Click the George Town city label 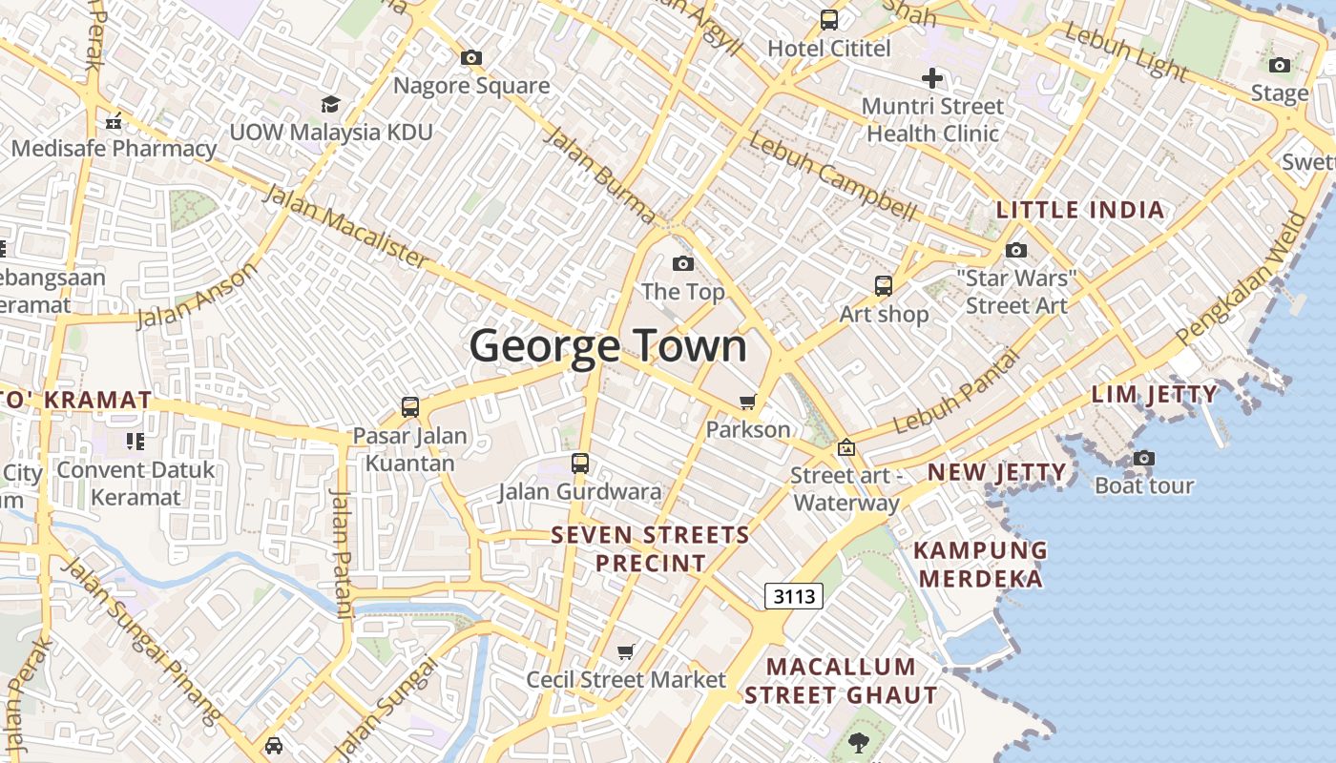click(608, 345)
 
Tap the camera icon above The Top click(683, 263)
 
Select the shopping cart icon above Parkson click(748, 402)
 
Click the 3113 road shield click(794, 597)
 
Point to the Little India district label click(1080, 210)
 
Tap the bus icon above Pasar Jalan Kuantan click(410, 407)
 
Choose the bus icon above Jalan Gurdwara click(580, 464)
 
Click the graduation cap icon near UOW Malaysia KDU click(330, 104)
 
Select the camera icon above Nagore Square click(471, 58)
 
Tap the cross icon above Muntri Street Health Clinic click(932, 78)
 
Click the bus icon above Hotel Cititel click(829, 19)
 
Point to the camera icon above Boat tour click(1144, 459)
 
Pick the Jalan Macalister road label click(345, 226)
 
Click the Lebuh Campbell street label click(832, 175)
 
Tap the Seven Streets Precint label click(651, 548)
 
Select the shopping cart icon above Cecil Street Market click(626, 652)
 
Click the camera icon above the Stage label click(1280, 66)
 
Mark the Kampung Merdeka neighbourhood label click(980, 564)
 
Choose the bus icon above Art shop click(884, 285)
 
